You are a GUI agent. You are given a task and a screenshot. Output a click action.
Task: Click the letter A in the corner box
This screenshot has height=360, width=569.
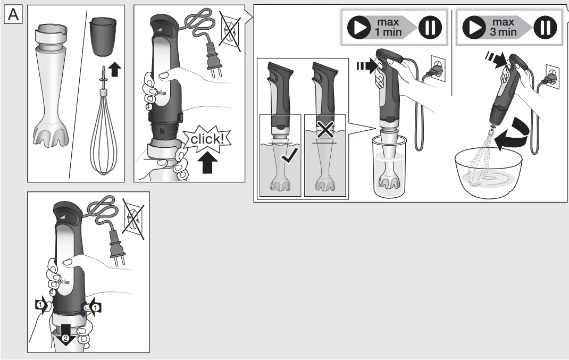pos(13,15)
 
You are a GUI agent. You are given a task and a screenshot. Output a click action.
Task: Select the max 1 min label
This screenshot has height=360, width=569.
pos(388,28)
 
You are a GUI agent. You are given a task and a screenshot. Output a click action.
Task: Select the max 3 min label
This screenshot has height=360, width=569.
pos(503,28)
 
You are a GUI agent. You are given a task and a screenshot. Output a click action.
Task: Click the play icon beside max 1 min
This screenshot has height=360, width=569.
pos(359,28)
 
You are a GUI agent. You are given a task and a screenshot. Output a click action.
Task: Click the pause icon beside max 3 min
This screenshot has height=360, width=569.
pos(544,28)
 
